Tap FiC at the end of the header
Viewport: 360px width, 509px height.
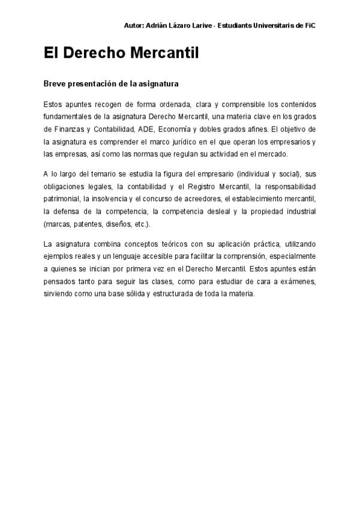(x=310, y=25)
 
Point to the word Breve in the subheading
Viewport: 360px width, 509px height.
(x=55, y=83)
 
